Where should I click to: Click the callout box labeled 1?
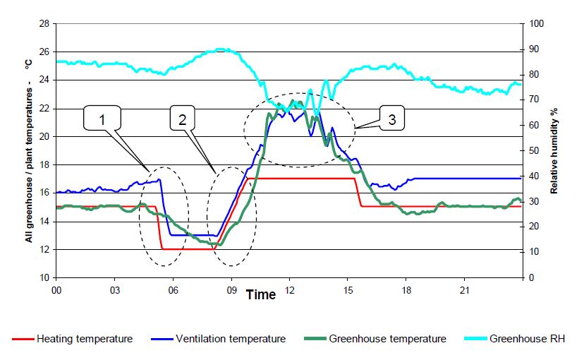102,121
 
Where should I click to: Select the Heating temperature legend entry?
72,339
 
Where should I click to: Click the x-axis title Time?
260,295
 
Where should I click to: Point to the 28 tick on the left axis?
44,24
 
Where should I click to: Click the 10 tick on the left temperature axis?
44,278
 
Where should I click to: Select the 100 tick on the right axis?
536,24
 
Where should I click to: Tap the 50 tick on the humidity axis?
534,151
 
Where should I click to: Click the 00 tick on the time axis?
56,289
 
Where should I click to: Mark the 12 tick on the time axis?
289,289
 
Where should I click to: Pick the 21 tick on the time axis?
464,289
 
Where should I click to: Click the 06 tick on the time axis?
173,289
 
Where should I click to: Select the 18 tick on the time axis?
406,289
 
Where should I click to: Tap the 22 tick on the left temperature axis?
44,109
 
